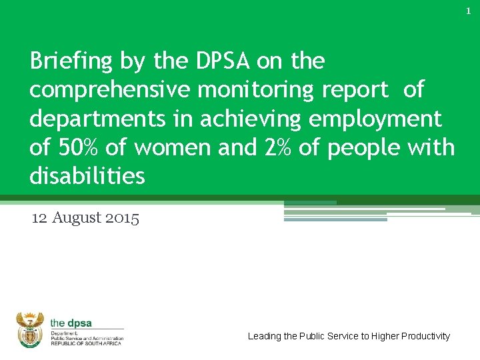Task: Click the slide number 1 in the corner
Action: click(468, 11)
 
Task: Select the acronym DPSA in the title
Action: click(223, 61)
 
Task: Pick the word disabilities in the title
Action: click(87, 176)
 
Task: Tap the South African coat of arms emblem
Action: click(29, 329)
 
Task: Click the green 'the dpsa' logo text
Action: click(71, 323)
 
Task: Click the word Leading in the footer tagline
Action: click(264, 336)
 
